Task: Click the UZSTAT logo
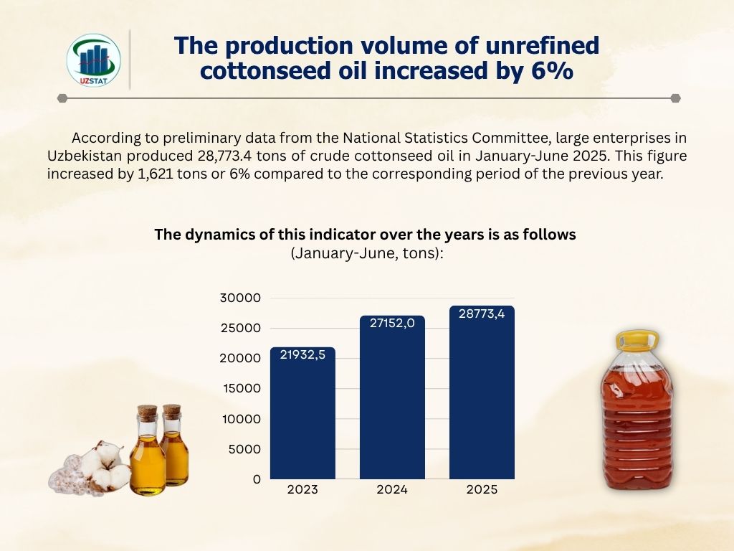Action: coord(93,60)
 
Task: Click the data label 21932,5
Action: coord(302,354)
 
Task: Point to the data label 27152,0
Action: coord(392,323)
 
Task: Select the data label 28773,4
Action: coord(482,314)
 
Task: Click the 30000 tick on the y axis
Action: coord(242,298)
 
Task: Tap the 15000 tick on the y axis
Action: coord(242,388)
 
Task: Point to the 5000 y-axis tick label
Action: coord(245,449)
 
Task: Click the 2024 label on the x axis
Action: coord(392,490)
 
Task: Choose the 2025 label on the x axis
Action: coord(482,490)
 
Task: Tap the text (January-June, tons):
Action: coord(367,253)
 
